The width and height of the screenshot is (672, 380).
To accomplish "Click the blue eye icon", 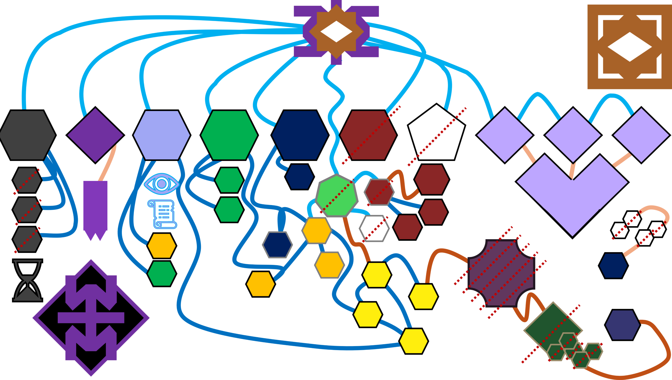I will pyautogui.click(x=162, y=184).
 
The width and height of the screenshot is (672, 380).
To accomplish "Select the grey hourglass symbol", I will pyautogui.click(x=28, y=280).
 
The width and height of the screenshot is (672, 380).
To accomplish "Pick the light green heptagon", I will pyautogui.click(x=337, y=196).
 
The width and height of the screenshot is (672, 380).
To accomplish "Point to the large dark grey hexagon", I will pyautogui.click(x=27, y=135).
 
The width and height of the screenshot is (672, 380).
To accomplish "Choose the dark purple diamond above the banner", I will pyautogui.click(x=95, y=135).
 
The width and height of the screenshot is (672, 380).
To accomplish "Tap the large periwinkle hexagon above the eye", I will pyautogui.click(x=162, y=135).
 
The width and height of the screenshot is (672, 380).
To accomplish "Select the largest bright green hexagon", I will pyautogui.click(x=229, y=135).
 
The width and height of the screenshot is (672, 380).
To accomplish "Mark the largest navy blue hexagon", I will pyautogui.click(x=300, y=135).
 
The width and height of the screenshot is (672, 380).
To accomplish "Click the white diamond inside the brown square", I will pyautogui.click(x=629, y=47).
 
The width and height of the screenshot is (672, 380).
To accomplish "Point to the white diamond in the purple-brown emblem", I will pyautogui.click(x=336, y=32).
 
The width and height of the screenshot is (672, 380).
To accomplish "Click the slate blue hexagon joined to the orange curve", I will pyautogui.click(x=622, y=325).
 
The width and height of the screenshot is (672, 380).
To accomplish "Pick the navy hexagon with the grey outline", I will pyautogui.click(x=277, y=244).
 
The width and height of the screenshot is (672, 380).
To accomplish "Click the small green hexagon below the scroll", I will pyautogui.click(x=162, y=273).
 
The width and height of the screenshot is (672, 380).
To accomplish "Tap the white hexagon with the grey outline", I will pyautogui.click(x=374, y=228).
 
